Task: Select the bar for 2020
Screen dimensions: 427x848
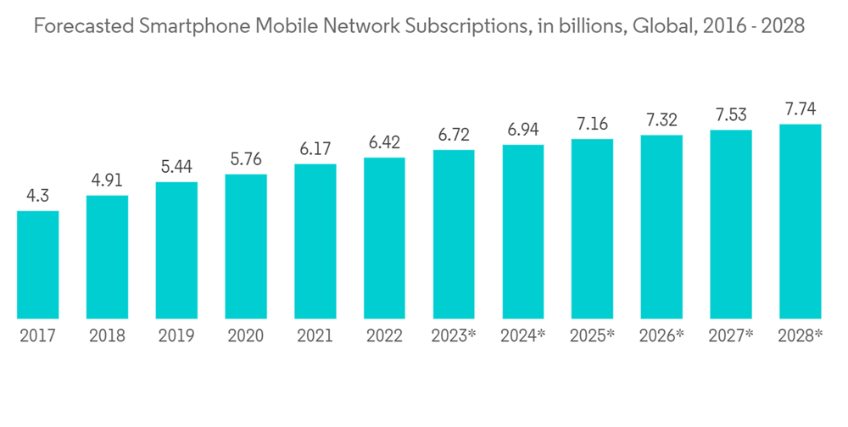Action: pyautogui.click(x=246, y=246)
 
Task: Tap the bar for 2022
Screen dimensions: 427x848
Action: pyautogui.click(x=384, y=238)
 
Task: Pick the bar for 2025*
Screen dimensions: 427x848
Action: pyautogui.click(x=592, y=229)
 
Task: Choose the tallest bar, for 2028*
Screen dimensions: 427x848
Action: pyautogui.click(x=801, y=221)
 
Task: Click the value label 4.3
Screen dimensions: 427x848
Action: pyautogui.click(x=37, y=196)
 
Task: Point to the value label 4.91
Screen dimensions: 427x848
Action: pyautogui.click(x=107, y=180)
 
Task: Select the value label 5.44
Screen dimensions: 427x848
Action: pyautogui.click(x=176, y=167)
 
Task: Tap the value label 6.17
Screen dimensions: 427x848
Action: pyautogui.click(x=315, y=149)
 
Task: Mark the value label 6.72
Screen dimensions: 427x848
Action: pyautogui.click(x=454, y=135)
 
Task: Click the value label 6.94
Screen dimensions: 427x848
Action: pyautogui.click(x=523, y=130)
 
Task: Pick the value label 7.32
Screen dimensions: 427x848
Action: pyautogui.click(x=661, y=119)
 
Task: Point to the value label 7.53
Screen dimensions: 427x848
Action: pyautogui.click(x=731, y=114)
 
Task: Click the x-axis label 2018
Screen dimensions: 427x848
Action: pyautogui.click(x=107, y=336)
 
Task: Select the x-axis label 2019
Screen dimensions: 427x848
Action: pyautogui.click(x=176, y=336)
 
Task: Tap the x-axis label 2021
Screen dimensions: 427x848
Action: pyautogui.click(x=315, y=336)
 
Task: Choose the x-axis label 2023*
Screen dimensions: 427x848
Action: pyautogui.click(x=454, y=336)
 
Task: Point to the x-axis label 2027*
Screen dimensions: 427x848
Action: pyautogui.click(x=731, y=336)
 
